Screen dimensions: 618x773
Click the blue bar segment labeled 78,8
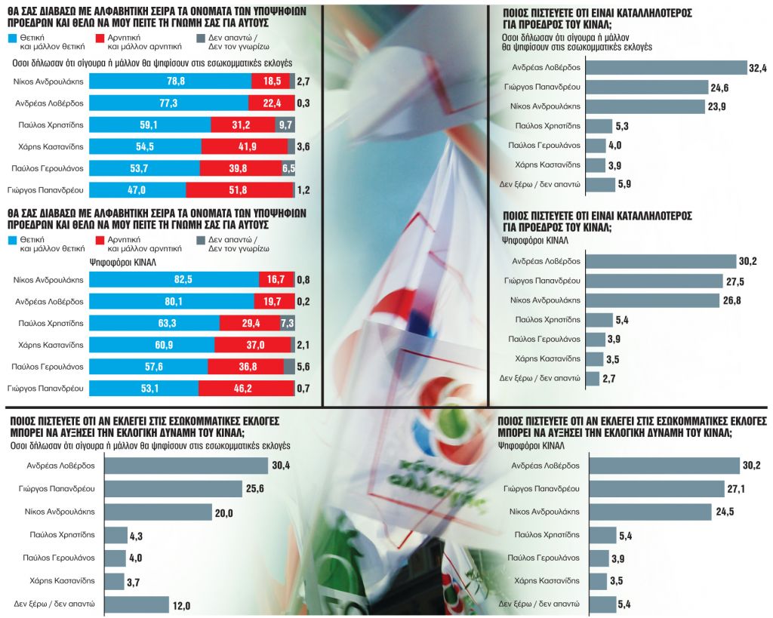click(170, 81)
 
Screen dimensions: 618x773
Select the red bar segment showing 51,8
click(239, 189)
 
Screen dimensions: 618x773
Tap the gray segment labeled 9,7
click(285, 125)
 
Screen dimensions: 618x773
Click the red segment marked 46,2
click(245, 389)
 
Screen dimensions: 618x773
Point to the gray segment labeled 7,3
click(288, 323)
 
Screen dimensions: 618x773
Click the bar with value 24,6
click(647, 88)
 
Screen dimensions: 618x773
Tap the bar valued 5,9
click(601, 184)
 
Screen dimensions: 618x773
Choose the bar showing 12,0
click(136, 604)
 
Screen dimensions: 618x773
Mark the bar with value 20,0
click(157, 512)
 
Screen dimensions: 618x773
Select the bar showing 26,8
click(653, 300)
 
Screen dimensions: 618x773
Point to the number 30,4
click(281, 466)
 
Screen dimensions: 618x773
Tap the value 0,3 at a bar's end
click(303, 103)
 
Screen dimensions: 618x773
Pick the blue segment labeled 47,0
click(137, 189)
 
